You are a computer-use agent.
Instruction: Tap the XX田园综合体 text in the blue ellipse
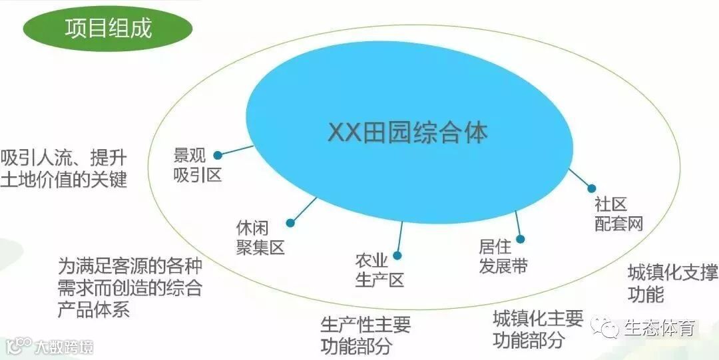407,132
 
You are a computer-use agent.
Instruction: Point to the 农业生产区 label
379,270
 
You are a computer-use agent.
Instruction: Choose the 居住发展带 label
503,256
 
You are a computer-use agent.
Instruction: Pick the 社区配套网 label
618,214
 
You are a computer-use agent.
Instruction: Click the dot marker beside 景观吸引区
218,156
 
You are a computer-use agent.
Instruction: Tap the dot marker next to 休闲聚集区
290,223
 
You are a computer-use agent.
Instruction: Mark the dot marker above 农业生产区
397,255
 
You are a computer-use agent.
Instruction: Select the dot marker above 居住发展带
521,239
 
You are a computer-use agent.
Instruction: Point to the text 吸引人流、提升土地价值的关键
63,169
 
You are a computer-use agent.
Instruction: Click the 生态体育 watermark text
659,328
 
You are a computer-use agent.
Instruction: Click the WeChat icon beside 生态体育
606,327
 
